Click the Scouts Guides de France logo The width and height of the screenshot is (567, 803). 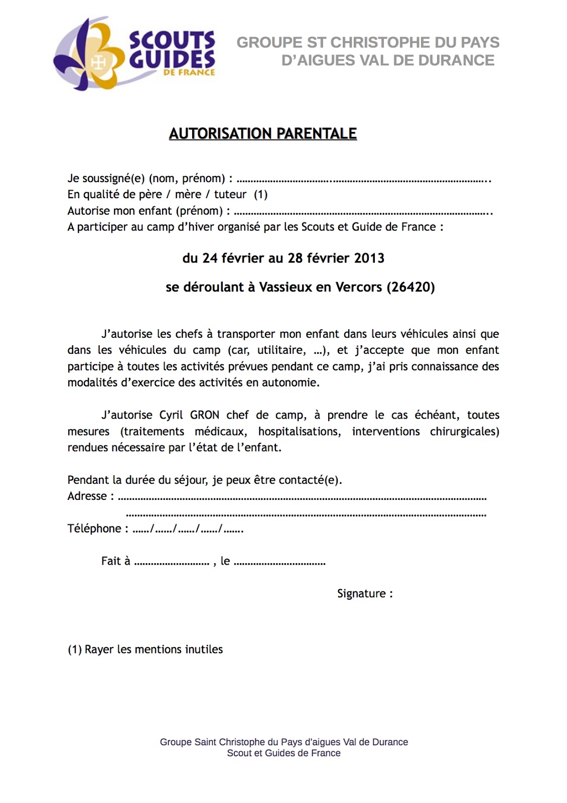[134, 54]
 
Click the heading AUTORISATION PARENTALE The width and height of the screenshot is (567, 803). [263, 133]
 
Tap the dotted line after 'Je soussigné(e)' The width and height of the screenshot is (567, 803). [363, 180]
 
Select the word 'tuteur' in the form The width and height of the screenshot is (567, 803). [230, 195]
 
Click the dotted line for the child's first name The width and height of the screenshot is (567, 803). [363, 212]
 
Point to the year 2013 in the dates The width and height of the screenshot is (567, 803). [369, 258]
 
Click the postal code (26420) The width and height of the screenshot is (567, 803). [410, 287]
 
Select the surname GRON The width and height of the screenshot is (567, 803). [204, 416]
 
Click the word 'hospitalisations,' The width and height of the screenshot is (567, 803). [300, 432]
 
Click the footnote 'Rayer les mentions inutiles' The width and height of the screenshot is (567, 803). [154, 649]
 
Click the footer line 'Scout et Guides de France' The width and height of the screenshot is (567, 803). [283, 753]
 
